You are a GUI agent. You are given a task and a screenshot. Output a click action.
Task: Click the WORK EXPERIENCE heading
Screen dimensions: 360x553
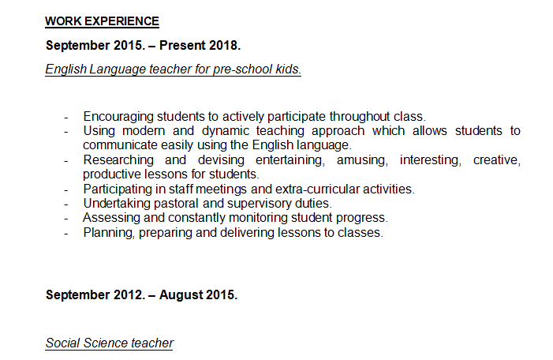[x=102, y=21]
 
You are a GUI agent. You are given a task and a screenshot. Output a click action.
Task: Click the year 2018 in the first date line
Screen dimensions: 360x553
[x=227, y=45]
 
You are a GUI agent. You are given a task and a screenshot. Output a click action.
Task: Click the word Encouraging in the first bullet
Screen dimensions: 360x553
[x=117, y=116]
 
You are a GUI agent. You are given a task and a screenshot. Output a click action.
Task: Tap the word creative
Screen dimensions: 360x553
[x=496, y=160]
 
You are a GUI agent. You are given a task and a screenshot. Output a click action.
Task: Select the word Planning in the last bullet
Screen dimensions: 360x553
[x=108, y=233]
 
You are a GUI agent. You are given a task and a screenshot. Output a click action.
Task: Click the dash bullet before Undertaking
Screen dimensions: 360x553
[x=66, y=204]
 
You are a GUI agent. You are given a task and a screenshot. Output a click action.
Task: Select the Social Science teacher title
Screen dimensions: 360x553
[x=110, y=343]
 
